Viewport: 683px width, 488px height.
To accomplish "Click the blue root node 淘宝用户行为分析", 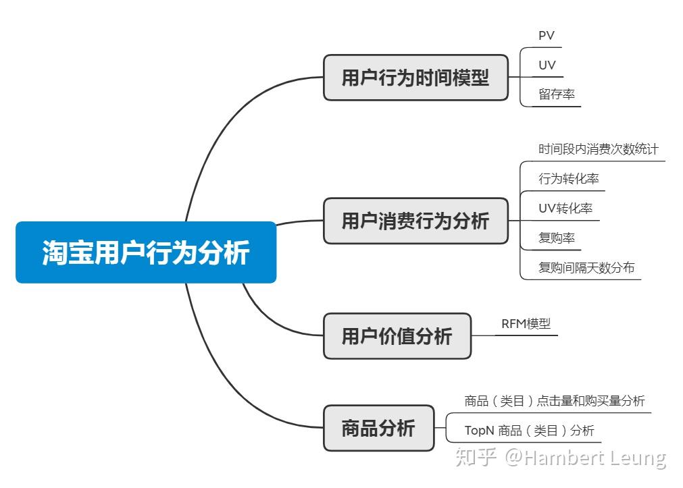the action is pyautogui.click(x=146, y=252).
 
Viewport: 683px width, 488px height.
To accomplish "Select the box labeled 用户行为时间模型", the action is pyautogui.click(x=415, y=78).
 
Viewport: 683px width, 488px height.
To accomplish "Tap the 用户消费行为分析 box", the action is pyautogui.click(x=415, y=221).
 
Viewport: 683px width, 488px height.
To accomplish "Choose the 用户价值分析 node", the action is pyautogui.click(x=397, y=336).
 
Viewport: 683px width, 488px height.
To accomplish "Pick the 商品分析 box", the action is pyautogui.click(x=378, y=428).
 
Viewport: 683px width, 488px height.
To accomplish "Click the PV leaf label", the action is pyautogui.click(x=547, y=36).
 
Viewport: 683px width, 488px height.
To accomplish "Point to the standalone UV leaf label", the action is pyautogui.click(x=547, y=65).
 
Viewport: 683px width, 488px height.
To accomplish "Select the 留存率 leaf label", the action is pyautogui.click(x=557, y=94).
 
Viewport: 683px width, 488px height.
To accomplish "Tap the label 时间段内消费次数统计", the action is pyautogui.click(x=599, y=149).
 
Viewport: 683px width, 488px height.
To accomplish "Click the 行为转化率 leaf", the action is pyautogui.click(x=569, y=178).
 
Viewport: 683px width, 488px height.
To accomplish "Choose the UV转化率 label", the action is pyautogui.click(x=565, y=208).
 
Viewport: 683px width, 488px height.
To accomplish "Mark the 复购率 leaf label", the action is pyautogui.click(x=557, y=238).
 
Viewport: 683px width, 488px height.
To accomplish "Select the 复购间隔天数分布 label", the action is pyautogui.click(x=586, y=267).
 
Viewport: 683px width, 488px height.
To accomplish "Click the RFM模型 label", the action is pyautogui.click(x=526, y=324).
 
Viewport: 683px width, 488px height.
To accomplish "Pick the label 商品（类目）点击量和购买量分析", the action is pyautogui.click(x=555, y=400).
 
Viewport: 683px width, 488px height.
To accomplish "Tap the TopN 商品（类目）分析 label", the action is pyautogui.click(x=529, y=431).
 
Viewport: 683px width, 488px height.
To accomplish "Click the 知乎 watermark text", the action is pyautogui.click(x=476, y=457).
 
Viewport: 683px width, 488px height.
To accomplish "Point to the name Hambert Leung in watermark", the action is pyautogui.click(x=595, y=458).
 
